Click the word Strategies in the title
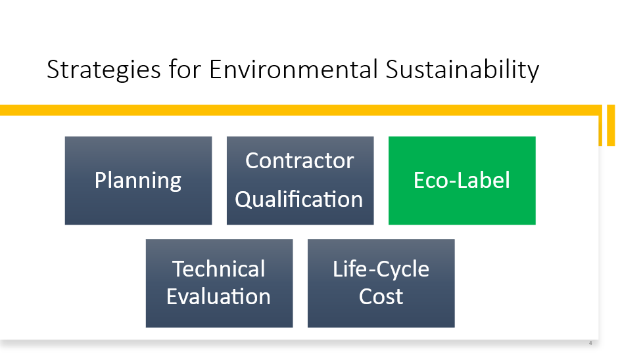click(104, 70)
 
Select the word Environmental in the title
click(293, 69)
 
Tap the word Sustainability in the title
click(462, 70)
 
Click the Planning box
click(138, 180)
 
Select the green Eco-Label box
click(462, 180)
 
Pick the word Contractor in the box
click(300, 160)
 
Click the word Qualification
click(299, 200)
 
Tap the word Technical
click(219, 269)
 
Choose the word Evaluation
click(218, 296)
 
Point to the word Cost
click(381, 296)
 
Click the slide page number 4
click(590, 343)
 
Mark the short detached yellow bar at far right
click(611, 125)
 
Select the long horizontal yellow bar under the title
click(301, 110)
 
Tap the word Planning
click(138, 181)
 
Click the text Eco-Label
click(462, 180)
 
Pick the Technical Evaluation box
click(219, 283)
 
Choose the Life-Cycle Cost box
click(381, 283)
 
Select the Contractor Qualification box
click(300, 180)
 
